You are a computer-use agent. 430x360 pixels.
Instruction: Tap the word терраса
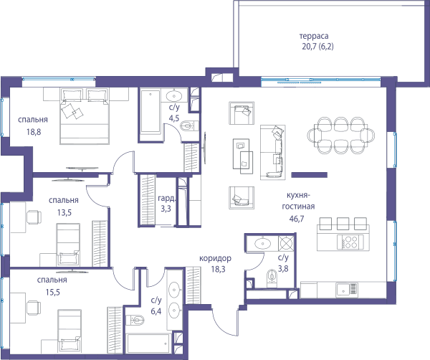[x=314, y=37]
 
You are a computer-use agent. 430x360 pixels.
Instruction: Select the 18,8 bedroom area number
[x=34, y=132]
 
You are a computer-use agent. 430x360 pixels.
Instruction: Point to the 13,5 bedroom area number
[x=64, y=212]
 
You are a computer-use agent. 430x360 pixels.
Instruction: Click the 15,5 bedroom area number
[x=52, y=292]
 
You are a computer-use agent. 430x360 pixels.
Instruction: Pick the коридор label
[x=215, y=258]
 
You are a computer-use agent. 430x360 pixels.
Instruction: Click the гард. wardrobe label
[x=166, y=198]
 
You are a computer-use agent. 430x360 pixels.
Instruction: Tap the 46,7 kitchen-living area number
[x=297, y=219]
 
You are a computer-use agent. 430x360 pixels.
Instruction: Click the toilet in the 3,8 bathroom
[x=272, y=275]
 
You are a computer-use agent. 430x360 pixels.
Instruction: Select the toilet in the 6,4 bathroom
[x=135, y=320]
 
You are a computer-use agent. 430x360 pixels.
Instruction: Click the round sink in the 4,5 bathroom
[x=173, y=96]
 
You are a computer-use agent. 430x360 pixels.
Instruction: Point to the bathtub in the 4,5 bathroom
[x=150, y=111]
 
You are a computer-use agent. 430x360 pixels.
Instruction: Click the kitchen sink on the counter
[x=347, y=290]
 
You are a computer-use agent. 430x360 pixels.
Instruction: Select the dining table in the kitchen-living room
[x=341, y=135]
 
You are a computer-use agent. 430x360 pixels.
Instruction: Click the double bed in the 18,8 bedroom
[x=85, y=115]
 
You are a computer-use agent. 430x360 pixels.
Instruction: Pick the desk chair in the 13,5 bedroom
[x=34, y=217]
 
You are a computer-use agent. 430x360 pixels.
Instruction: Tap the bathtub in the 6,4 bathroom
[x=148, y=344]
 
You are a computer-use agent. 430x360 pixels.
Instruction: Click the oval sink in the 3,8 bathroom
[x=263, y=243]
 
